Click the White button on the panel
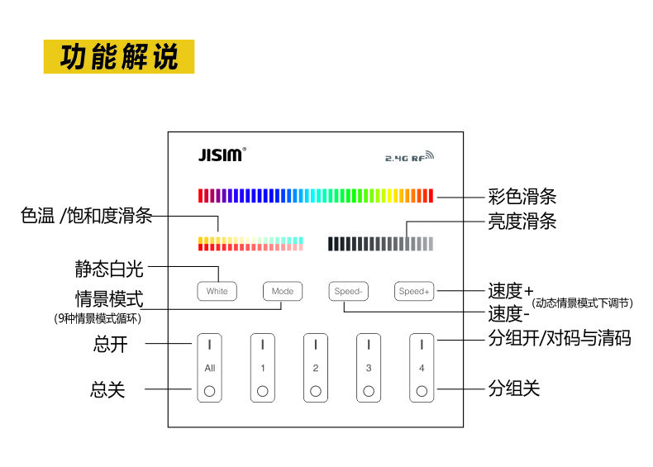[x=217, y=291]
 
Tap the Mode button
[x=283, y=291]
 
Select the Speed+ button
[x=414, y=291]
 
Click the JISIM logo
[x=221, y=155]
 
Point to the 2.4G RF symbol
[x=408, y=155]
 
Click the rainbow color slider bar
[x=316, y=196]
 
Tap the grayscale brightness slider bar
[x=380, y=244]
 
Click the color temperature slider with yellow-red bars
[x=250, y=244]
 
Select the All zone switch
[x=210, y=368]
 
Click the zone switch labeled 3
[x=369, y=368]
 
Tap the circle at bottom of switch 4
[x=422, y=391]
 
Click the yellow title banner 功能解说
[x=119, y=57]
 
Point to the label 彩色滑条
[x=522, y=197]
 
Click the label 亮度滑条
[x=522, y=222]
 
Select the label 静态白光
[x=109, y=269]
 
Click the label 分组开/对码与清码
[x=560, y=338]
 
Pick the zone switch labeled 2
[x=316, y=368]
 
